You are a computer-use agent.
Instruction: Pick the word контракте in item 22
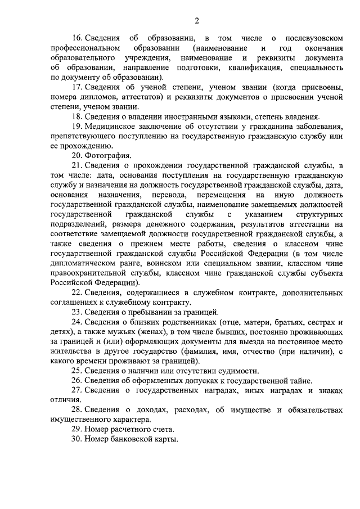(x=229, y=293)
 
